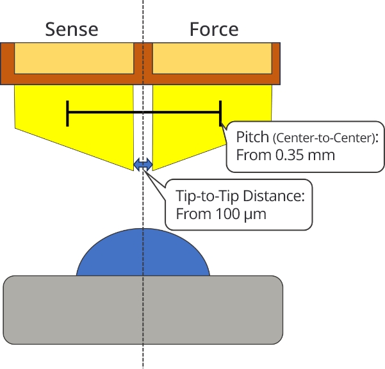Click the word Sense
point(72,29)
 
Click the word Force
point(214,29)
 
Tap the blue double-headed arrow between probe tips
point(143,165)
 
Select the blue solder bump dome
point(143,252)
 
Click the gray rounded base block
point(143,310)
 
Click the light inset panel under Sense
point(74,58)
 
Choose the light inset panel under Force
point(212,58)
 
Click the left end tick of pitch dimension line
point(67,113)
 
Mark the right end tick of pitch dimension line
point(220,113)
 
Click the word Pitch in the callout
point(252,137)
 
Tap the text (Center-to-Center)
point(324,138)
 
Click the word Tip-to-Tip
point(208,196)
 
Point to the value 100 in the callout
point(227,214)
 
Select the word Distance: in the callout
point(274,196)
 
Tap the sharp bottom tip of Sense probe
point(133,170)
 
